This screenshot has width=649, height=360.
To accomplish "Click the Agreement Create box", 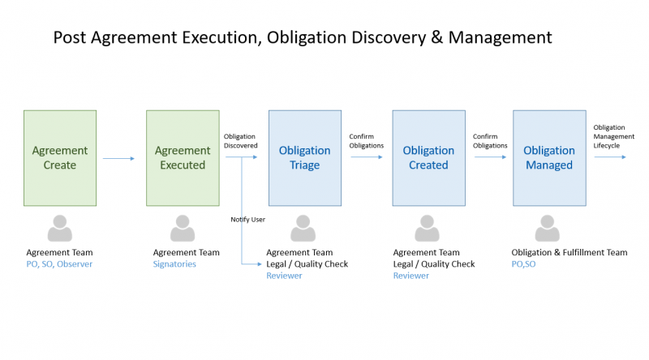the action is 60,158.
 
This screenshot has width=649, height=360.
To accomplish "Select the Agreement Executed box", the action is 183,158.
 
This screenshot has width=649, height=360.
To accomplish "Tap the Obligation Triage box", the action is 305,158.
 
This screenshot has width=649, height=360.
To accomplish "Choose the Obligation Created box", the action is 429,158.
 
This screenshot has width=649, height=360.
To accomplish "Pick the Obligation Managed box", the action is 549,158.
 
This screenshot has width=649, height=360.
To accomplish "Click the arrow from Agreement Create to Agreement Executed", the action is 118,158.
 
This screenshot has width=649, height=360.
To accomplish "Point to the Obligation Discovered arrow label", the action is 240,141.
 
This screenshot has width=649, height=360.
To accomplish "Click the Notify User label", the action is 248,219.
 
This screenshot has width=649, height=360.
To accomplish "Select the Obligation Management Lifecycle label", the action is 613,136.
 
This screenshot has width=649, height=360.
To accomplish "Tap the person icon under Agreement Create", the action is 60,228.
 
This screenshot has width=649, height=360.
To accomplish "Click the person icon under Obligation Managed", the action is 547,228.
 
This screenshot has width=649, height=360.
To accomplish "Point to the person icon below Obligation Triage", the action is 303,228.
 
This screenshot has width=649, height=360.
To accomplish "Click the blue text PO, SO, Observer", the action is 59,264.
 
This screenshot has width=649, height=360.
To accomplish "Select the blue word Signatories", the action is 174,264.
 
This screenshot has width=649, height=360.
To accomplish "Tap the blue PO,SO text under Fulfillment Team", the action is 523,264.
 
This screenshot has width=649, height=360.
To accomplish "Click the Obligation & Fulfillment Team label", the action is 569,252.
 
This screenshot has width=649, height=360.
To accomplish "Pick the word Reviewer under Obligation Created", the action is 411,276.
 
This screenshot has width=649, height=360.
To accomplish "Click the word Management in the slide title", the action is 500,37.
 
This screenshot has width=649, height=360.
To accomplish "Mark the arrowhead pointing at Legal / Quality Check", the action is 259,264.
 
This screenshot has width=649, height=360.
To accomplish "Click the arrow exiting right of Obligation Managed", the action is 610,157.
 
